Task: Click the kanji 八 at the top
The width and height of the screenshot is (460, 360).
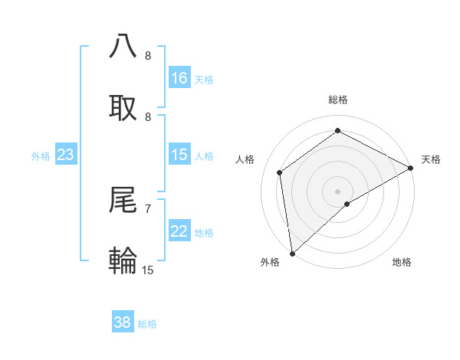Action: coord(123,46)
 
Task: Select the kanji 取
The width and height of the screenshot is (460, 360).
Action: coord(123,106)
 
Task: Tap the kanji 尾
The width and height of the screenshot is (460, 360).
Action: coord(123,200)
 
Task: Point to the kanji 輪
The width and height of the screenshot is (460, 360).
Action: coord(123,260)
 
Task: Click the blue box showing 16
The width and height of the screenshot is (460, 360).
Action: coord(179,78)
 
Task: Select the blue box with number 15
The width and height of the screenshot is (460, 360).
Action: coord(179,155)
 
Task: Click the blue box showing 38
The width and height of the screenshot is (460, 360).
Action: coord(123,322)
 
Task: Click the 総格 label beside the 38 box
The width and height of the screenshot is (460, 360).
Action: coord(147,324)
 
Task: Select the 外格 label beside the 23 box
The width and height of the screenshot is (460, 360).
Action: coord(41,156)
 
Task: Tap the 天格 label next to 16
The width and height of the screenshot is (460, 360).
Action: coord(204,79)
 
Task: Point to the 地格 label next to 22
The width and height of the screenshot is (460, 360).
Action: coord(204,233)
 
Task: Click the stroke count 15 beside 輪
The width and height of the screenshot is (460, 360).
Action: coord(148,270)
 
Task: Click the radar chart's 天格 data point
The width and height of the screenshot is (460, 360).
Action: coord(411,168)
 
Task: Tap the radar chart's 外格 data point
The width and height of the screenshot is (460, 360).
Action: coord(292,253)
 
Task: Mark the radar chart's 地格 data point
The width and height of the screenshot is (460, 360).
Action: coord(347,204)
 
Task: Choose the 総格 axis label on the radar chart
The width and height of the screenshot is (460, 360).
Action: coord(337,100)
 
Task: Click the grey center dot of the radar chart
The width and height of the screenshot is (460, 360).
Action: coord(337,191)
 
